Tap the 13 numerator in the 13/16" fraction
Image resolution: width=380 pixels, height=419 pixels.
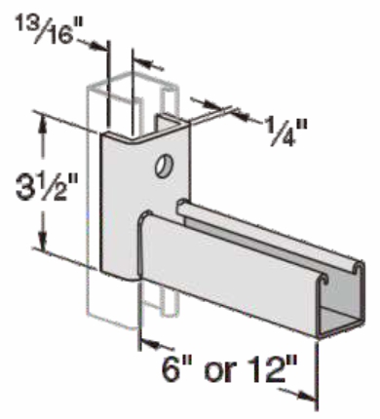click(32, 17)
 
